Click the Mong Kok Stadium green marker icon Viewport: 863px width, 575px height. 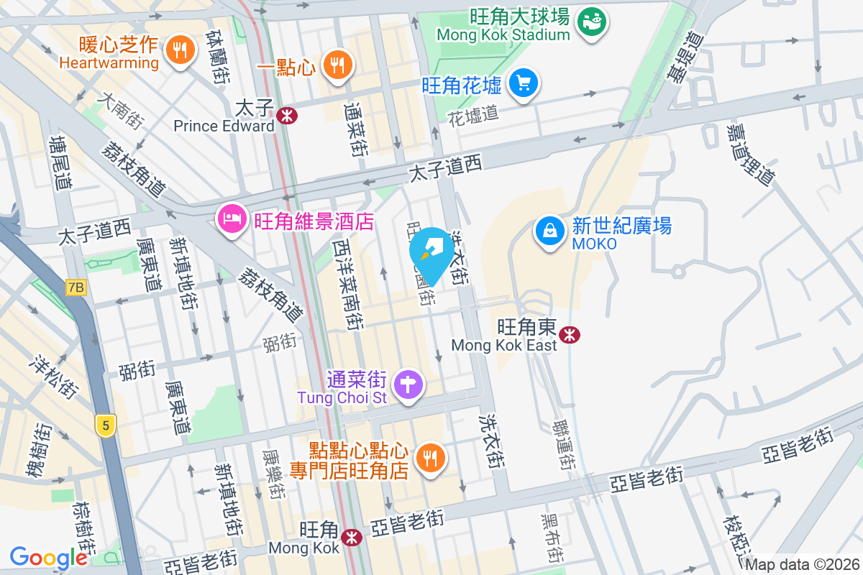(x=594, y=22)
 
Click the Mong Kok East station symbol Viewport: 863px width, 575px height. (x=570, y=334)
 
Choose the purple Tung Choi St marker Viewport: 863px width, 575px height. (x=408, y=383)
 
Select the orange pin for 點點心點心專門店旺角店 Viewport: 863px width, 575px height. (x=431, y=456)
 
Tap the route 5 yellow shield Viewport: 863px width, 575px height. (x=106, y=425)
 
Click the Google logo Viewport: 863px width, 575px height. (x=49, y=557)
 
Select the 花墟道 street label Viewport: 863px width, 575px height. (x=472, y=114)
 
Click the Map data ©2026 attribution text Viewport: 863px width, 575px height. (x=803, y=564)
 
